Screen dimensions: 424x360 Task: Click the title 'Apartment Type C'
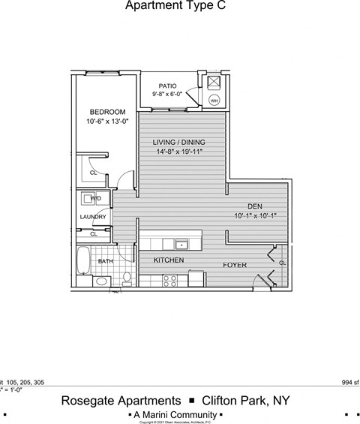[174, 6]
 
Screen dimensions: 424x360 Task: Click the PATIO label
[167, 86]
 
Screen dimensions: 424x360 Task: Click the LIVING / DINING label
[178, 143]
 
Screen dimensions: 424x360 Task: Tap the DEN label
[255, 206]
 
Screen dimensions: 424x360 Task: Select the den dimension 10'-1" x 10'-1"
[255, 215]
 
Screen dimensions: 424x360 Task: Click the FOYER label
[235, 266]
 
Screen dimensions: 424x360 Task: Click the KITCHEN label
[169, 260]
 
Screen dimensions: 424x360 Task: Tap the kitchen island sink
[181, 244]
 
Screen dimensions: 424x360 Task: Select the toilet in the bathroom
[127, 279]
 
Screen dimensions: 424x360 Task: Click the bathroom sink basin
[101, 281]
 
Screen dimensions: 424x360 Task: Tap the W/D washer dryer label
[95, 199]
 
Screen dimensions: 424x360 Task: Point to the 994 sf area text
[349, 382]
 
